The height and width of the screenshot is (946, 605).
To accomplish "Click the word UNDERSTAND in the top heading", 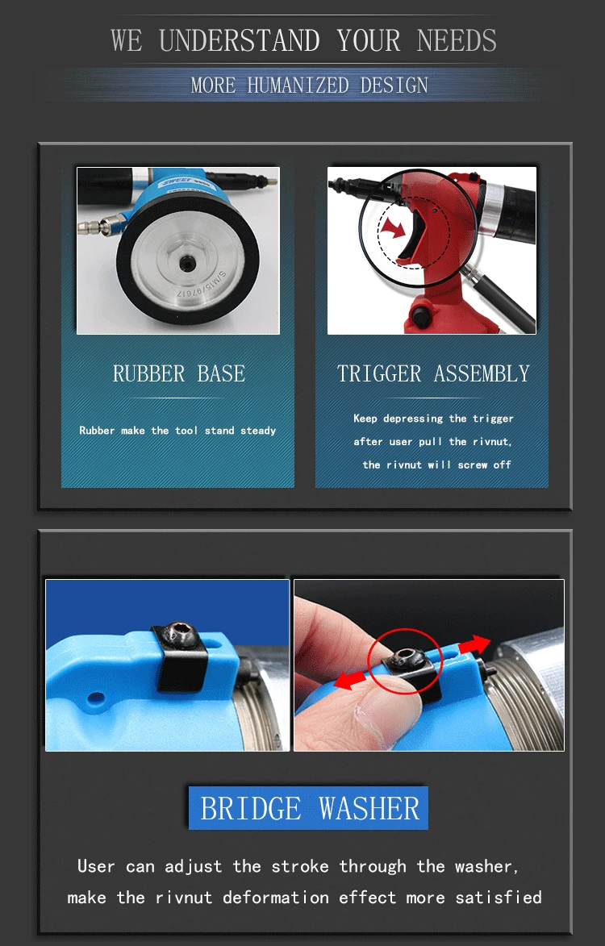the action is tap(240, 41).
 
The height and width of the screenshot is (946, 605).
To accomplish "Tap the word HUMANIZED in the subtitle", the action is tap(298, 85).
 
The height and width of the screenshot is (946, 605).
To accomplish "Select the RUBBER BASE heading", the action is tap(178, 373).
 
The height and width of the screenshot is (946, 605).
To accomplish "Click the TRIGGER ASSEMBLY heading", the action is tap(433, 373).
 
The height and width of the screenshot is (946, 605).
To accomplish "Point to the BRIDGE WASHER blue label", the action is tap(308, 808).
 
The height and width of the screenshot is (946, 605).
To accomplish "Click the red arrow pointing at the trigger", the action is tap(394, 228).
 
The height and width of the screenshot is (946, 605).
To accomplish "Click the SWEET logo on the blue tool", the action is tap(176, 181).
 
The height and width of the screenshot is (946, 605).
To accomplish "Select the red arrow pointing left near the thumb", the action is tap(350, 680).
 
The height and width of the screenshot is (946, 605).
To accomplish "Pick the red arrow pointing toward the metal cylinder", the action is tap(474, 645).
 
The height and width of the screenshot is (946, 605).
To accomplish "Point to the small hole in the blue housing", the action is tap(95, 698).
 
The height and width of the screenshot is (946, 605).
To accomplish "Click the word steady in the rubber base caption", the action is tap(258, 431).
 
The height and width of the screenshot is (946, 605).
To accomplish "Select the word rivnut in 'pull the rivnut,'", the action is tap(491, 442).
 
